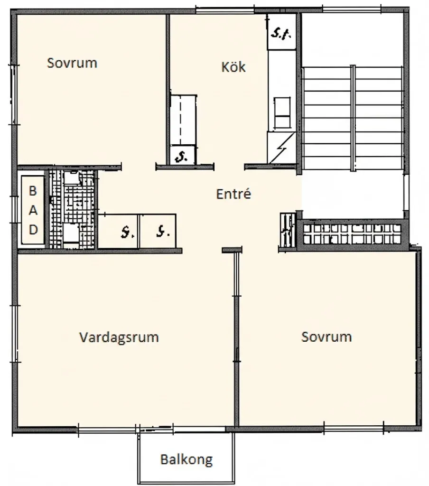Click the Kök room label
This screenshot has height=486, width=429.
point(233,67)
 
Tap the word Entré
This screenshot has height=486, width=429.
point(233,194)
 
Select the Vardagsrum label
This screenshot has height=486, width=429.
point(119,337)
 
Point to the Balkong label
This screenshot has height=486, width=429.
point(186,459)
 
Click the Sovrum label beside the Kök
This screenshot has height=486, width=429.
point(72,63)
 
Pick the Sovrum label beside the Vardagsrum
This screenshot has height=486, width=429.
point(326,336)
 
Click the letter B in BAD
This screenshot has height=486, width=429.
point(33,191)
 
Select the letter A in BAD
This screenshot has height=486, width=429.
point(33,210)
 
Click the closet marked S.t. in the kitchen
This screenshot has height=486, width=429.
point(282,33)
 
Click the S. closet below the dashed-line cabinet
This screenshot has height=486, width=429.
point(182,155)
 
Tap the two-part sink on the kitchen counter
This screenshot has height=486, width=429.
point(283,112)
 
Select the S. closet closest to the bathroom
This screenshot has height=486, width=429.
point(119,231)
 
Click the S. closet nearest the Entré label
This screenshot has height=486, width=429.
point(159,231)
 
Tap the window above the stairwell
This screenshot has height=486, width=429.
point(352,8)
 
